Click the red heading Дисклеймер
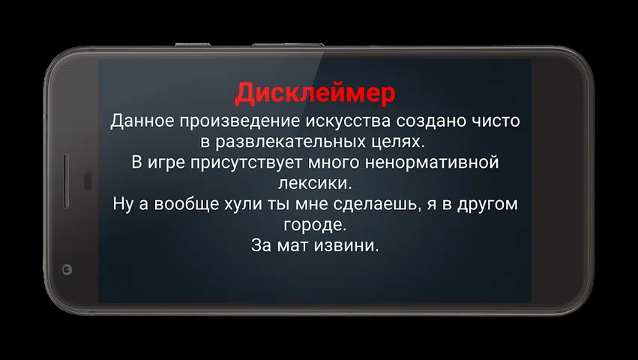coord(315,94)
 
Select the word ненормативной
coord(432,163)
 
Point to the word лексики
coord(315,184)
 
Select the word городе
coord(315,225)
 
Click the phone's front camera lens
coord(67,269)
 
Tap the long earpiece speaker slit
coord(66,181)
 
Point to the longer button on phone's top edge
coord(288,44)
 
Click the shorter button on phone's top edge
coord(193,44)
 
